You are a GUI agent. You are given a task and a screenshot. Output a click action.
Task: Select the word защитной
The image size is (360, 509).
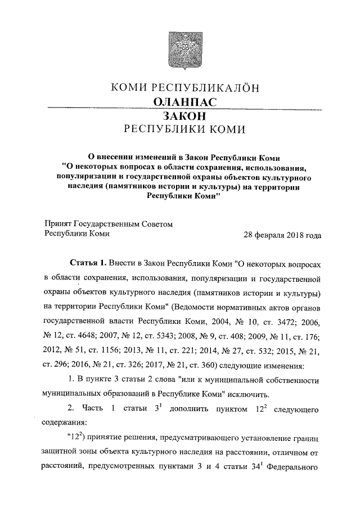[x=61, y=452]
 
